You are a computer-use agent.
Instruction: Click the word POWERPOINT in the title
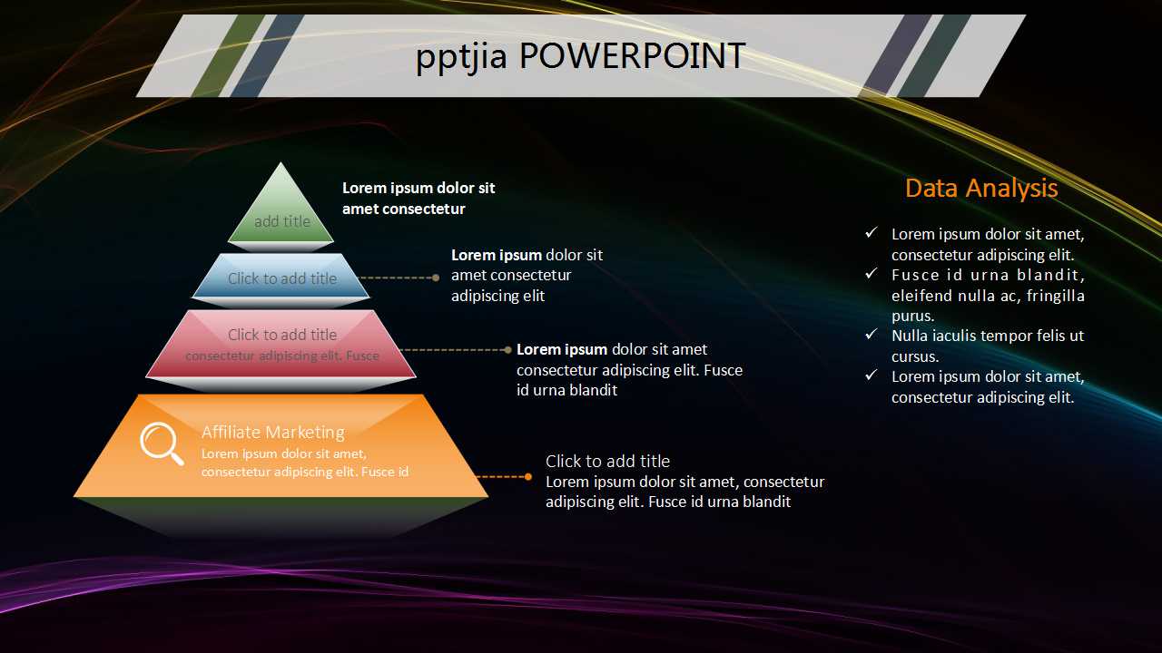632,56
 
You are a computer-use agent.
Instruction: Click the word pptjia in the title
463,57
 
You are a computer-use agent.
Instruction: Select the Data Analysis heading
981,188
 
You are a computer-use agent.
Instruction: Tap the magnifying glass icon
161,443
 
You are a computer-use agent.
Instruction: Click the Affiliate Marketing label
272,433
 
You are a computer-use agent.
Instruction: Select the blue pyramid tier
281,276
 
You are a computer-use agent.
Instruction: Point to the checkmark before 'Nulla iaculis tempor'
871,336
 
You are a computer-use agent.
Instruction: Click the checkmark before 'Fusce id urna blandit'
871,274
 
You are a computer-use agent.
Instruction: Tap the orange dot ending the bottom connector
528,476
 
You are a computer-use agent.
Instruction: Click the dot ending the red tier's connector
507,349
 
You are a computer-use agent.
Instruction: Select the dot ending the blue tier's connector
436,278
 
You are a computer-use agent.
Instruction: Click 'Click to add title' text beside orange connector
607,461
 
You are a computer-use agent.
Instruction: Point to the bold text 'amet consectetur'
403,209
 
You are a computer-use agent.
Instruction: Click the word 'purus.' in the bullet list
912,316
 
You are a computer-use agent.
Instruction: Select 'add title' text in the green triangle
282,221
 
